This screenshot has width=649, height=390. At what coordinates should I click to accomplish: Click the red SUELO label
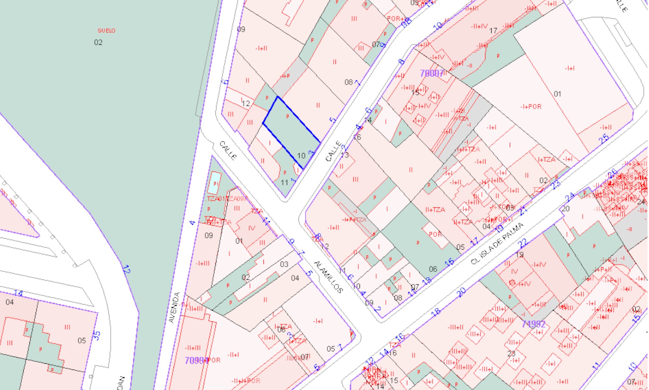[x=106, y=31]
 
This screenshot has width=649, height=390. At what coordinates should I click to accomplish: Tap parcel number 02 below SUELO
[x=98, y=42]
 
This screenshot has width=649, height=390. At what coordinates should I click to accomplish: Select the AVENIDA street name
[x=175, y=307]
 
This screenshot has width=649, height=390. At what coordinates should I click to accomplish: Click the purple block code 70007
[x=432, y=73]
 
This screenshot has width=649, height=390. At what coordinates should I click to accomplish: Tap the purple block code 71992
[x=533, y=324]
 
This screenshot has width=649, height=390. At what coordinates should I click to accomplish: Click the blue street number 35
[x=96, y=335]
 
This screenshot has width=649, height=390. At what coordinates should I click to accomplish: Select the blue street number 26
[x=612, y=174]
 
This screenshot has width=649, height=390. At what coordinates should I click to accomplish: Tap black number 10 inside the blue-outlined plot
[x=301, y=156]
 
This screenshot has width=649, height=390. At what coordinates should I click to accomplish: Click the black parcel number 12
[x=246, y=104]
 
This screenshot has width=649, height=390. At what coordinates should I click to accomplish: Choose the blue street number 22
[x=523, y=243]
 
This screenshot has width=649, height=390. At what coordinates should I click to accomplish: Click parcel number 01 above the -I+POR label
[x=557, y=94]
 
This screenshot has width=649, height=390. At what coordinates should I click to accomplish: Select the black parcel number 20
[x=566, y=209]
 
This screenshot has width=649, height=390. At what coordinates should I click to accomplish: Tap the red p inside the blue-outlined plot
[x=288, y=116]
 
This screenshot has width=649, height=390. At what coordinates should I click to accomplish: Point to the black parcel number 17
[x=493, y=31]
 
